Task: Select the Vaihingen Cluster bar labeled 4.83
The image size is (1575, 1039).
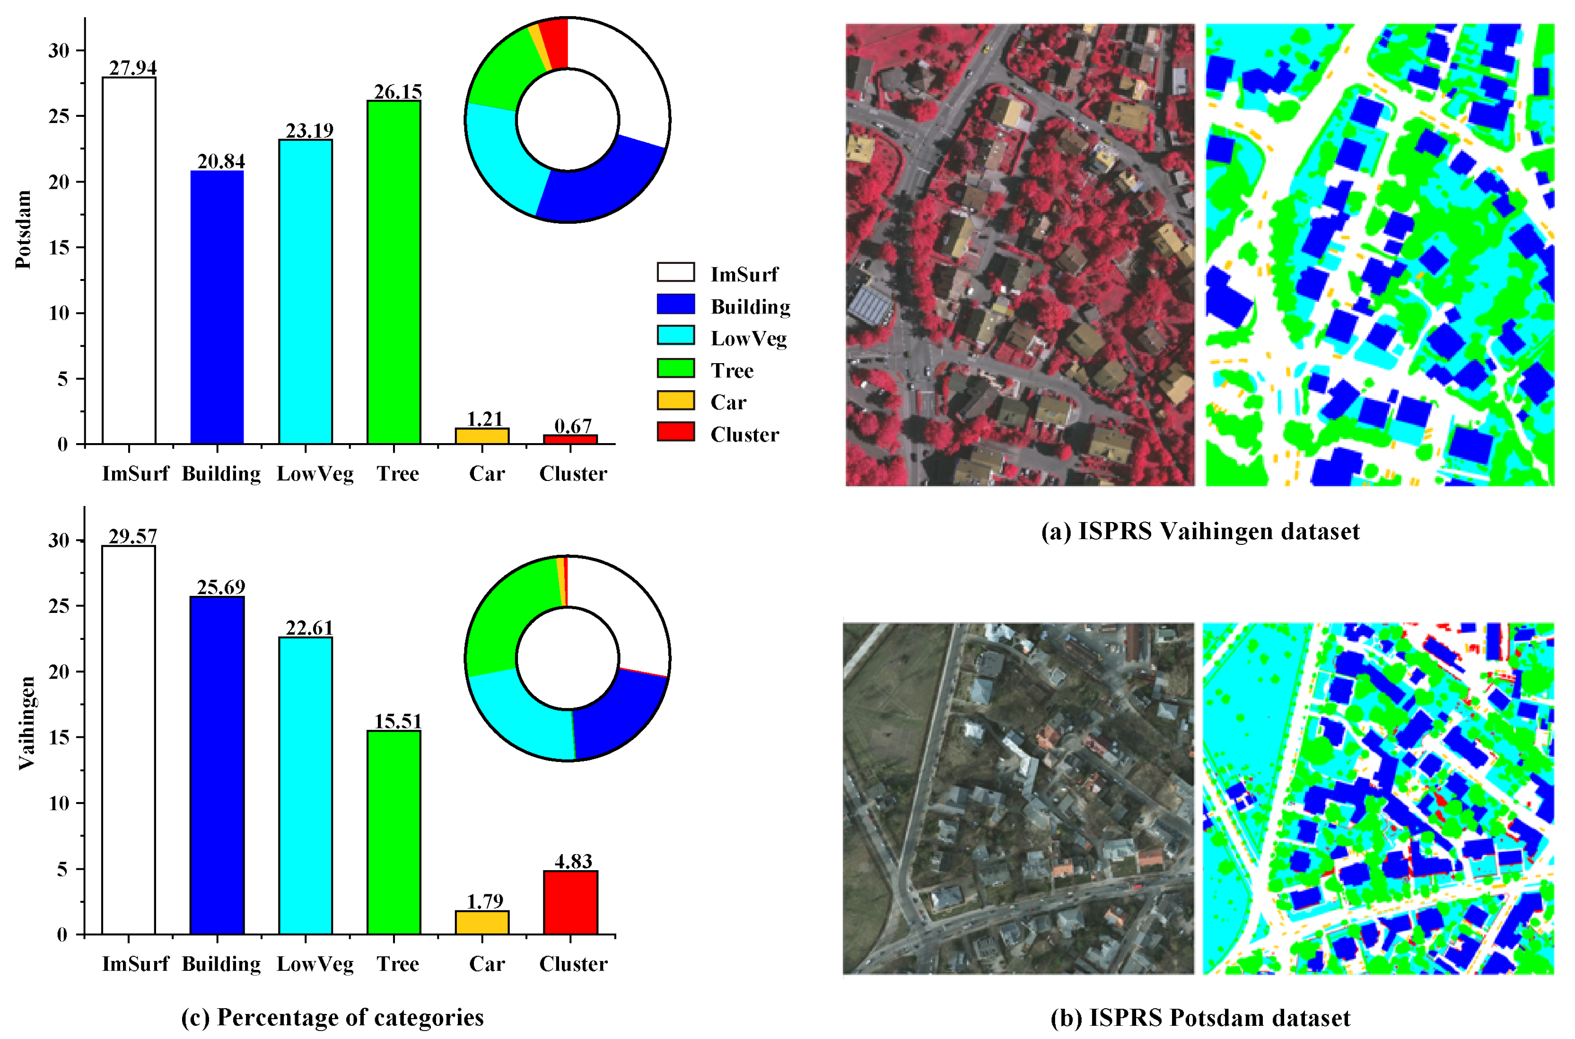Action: click(x=570, y=902)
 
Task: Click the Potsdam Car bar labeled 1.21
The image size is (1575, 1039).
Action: click(x=482, y=436)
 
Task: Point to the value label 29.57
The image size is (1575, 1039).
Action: click(x=132, y=537)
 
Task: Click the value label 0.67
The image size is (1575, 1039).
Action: click(x=572, y=426)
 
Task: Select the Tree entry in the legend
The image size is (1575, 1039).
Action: click(x=732, y=370)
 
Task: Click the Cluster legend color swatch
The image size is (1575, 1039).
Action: click(x=676, y=432)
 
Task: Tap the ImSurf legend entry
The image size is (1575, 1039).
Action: click(x=744, y=274)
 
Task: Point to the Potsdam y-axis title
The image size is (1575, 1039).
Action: click(x=24, y=229)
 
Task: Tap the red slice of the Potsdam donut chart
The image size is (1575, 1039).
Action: click(x=555, y=43)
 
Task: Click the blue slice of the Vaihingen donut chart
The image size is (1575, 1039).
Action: click(x=616, y=716)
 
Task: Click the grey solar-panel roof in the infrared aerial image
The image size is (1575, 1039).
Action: click(x=869, y=306)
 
